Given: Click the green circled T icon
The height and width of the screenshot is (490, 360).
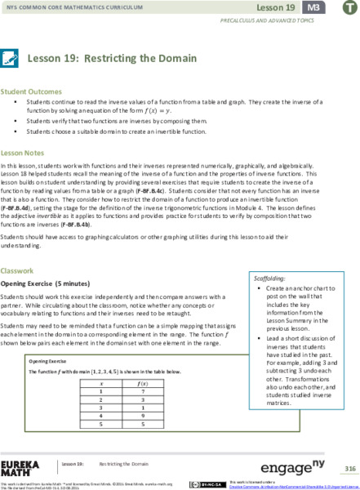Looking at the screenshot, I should [x=349, y=7].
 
